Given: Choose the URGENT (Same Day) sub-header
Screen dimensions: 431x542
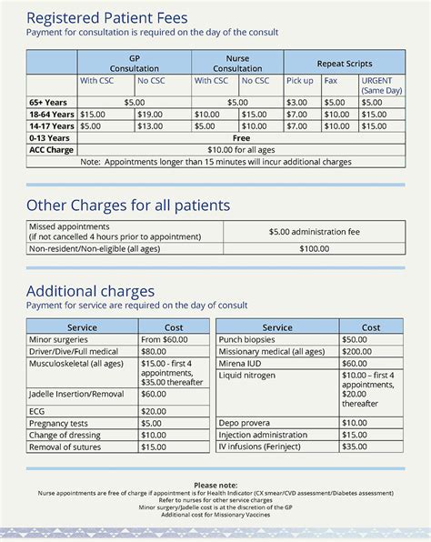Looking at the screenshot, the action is [382, 85].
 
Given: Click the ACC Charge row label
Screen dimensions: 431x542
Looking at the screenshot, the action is [51, 149].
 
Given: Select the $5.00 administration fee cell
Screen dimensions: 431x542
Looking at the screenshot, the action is [314, 232].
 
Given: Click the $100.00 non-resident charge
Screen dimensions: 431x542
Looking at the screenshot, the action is [314, 247].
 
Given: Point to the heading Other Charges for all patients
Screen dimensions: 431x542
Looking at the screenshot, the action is [127, 205].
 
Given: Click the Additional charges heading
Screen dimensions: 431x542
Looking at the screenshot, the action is [90, 291].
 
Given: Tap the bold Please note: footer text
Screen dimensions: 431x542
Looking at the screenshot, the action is [215, 485].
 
